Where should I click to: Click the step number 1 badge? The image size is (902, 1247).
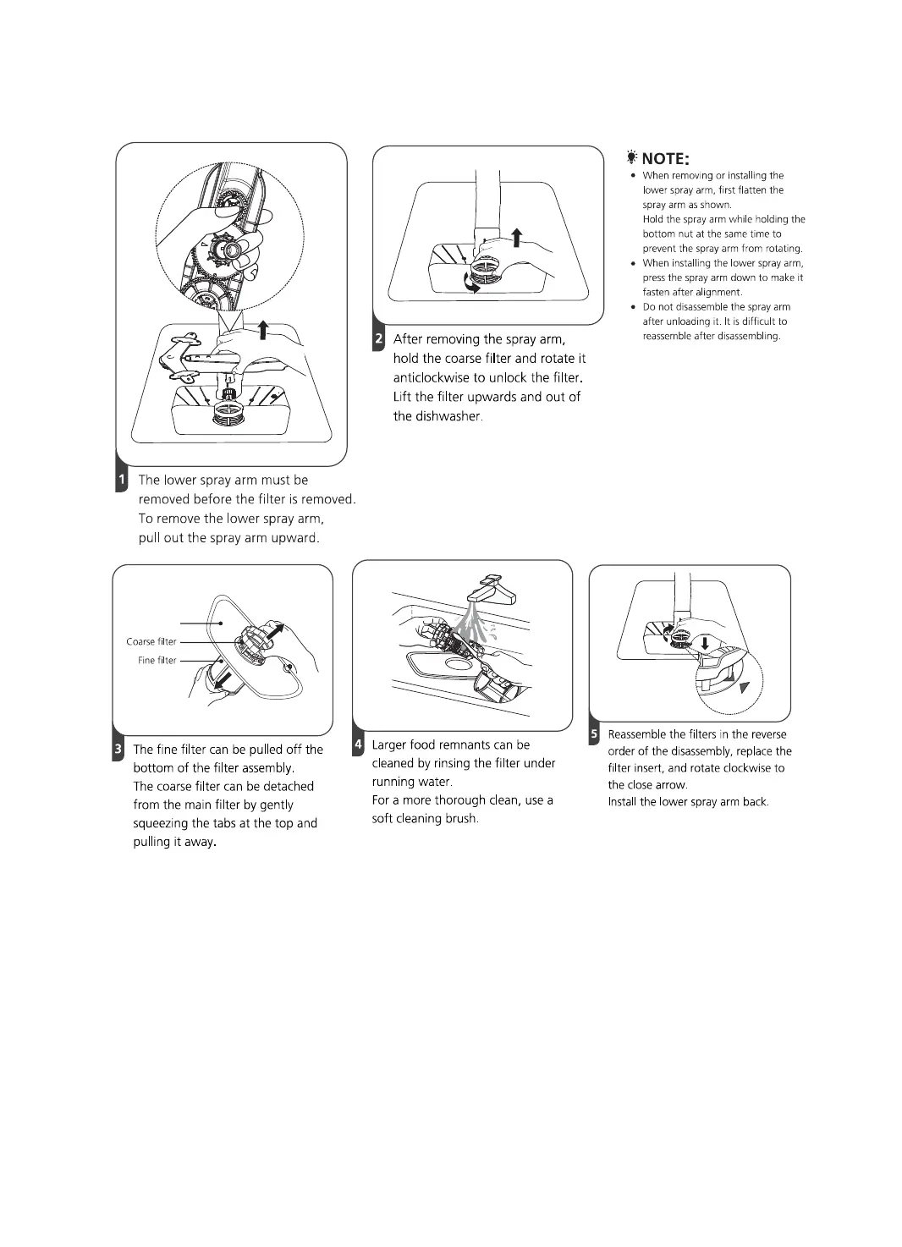[121, 481]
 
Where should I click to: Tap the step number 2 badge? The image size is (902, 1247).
[379, 339]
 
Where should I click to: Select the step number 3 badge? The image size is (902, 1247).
[118, 750]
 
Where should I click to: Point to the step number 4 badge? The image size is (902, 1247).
[359, 744]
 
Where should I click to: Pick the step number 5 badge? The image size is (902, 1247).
[594, 734]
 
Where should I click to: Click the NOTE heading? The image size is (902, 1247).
[665, 159]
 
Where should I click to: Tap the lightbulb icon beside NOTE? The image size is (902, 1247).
[631, 157]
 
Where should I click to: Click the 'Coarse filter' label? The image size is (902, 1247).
[151, 641]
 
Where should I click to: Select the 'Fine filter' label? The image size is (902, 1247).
[157, 661]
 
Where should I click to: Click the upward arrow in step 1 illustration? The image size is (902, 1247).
[264, 329]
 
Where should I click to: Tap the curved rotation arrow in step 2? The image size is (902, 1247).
[470, 283]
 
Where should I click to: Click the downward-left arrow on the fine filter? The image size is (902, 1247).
[223, 680]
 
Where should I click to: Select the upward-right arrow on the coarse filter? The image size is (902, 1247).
[277, 630]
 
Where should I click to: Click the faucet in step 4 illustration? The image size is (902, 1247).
[492, 589]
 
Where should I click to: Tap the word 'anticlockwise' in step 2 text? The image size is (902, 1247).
[432, 377]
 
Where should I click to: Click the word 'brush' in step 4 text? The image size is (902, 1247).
[459, 819]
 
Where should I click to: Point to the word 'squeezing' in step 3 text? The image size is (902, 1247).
[162, 823]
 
